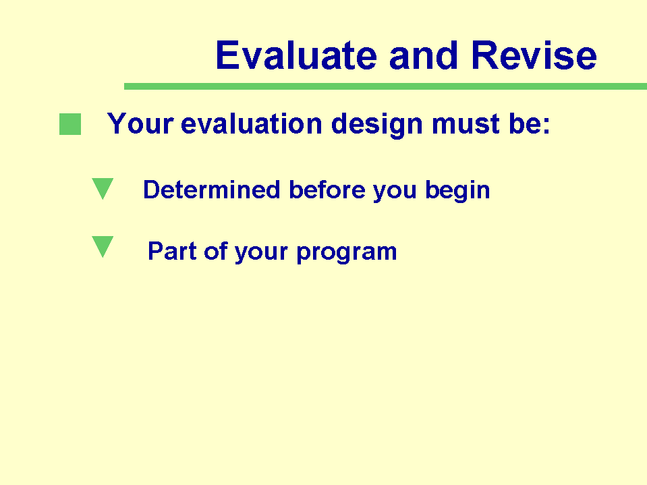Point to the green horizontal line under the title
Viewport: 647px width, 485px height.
385,86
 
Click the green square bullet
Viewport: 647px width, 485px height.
70,124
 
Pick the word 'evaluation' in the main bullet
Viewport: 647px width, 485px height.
251,123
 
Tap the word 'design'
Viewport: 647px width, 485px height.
377,125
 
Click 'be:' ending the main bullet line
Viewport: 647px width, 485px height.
530,123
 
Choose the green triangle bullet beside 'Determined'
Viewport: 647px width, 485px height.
103,188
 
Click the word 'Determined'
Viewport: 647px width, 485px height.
212,190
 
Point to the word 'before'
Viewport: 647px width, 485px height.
327,190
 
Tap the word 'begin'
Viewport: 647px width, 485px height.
457,191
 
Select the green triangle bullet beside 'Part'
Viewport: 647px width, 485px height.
103,246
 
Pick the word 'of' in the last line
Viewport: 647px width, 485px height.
216,251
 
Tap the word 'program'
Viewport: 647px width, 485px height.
347,252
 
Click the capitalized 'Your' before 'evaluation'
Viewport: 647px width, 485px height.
140,123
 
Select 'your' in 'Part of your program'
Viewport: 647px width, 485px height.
262,252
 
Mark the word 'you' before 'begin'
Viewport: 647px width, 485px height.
395,192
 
